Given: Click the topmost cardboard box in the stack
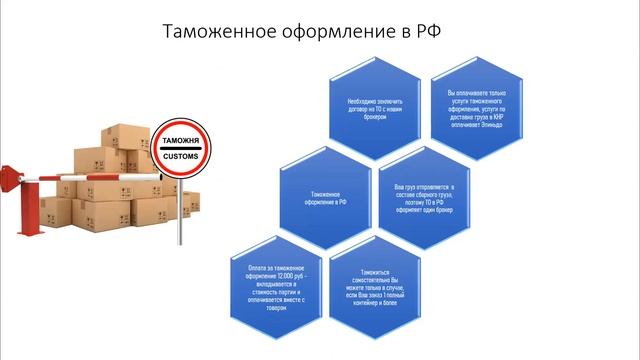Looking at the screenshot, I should click(x=125, y=135).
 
